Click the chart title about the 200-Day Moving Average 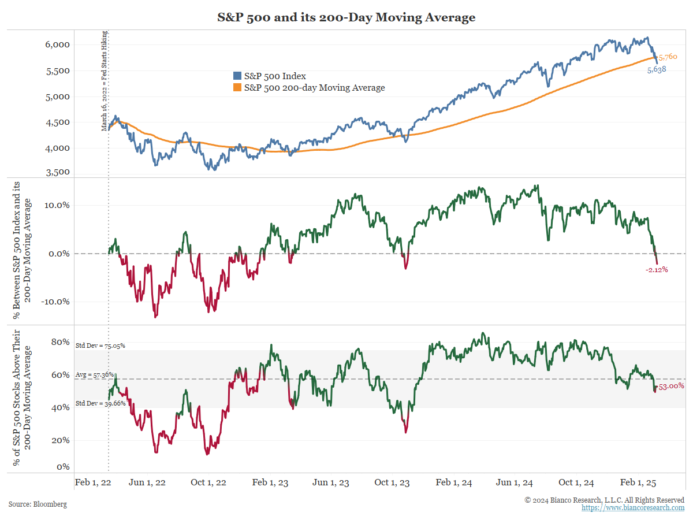click(x=346, y=17)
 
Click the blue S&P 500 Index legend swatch click(x=237, y=76)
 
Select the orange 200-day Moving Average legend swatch click(x=237, y=88)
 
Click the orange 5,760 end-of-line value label click(x=668, y=57)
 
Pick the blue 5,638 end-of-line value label click(x=657, y=69)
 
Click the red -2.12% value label click(x=657, y=270)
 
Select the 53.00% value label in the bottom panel click(x=671, y=386)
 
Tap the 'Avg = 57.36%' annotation click(x=95, y=374)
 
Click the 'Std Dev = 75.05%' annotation click(x=100, y=346)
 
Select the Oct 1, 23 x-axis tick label click(x=392, y=482)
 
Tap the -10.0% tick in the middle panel click(x=57, y=302)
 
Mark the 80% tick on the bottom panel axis click(x=60, y=341)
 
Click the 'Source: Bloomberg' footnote click(x=38, y=504)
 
